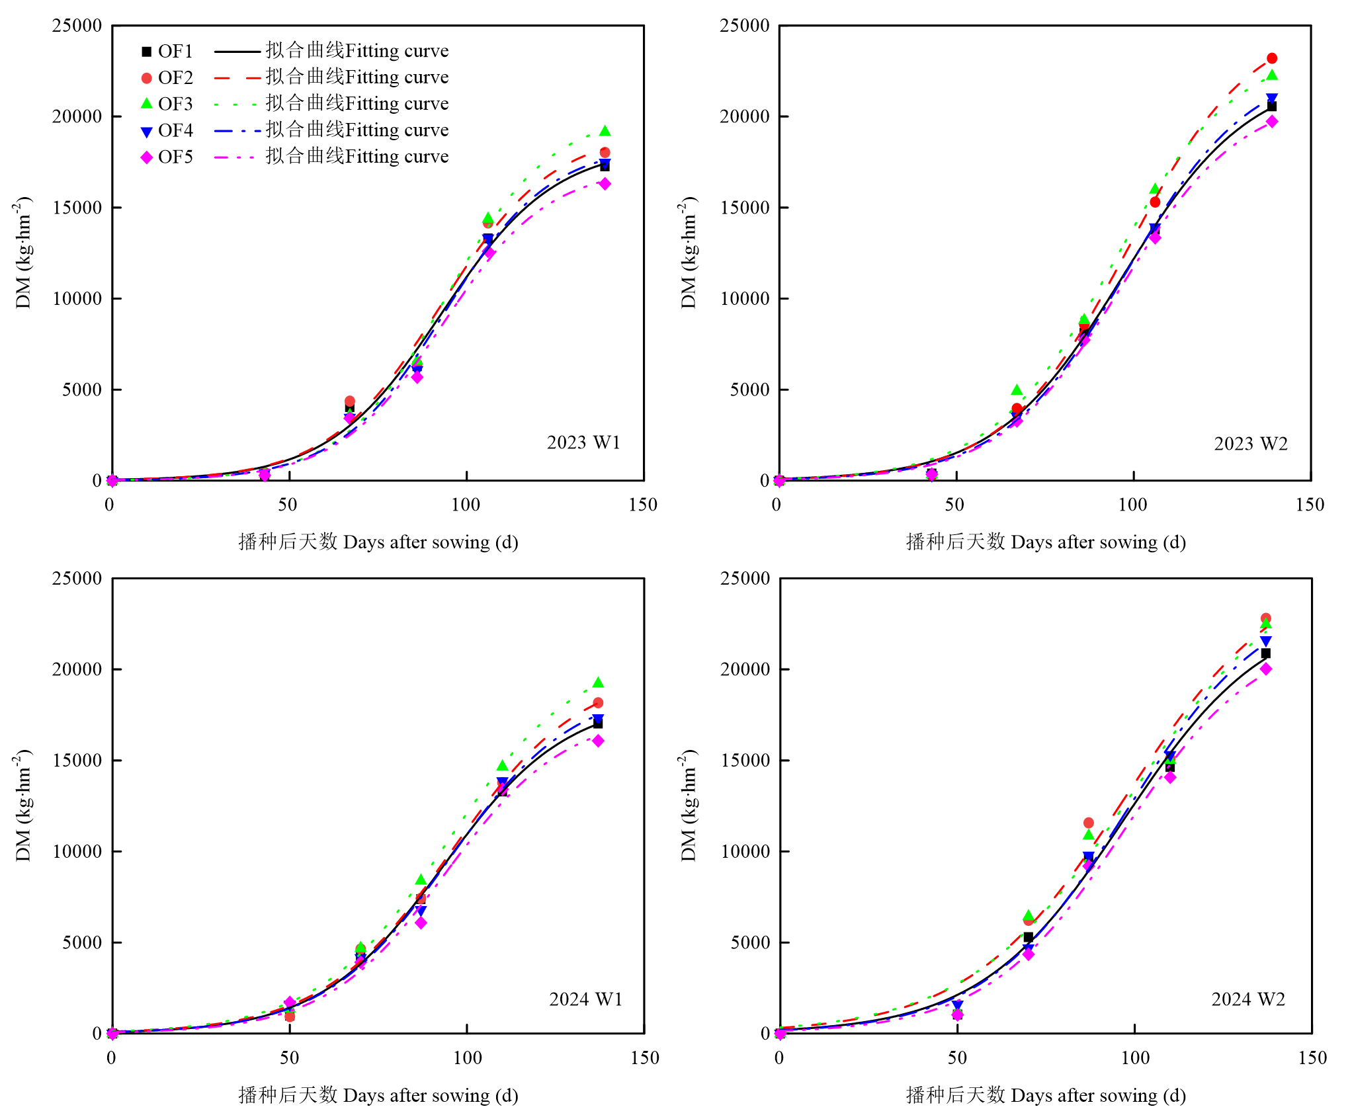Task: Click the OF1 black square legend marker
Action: (147, 51)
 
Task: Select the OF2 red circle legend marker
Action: (147, 78)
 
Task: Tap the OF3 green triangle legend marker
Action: (147, 104)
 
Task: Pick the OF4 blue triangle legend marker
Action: (147, 132)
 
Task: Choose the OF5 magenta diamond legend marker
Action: (147, 157)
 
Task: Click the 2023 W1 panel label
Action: (583, 442)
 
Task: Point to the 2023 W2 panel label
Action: (1250, 444)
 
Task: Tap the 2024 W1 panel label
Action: (585, 999)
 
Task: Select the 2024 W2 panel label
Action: (1247, 999)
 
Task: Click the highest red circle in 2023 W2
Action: (1271, 58)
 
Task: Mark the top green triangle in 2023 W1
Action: (605, 132)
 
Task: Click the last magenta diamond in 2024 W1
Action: (598, 741)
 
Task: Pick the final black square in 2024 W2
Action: (1265, 653)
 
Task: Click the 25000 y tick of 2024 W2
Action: (745, 579)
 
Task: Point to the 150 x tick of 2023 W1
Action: (643, 505)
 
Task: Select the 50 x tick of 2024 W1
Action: (289, 1058)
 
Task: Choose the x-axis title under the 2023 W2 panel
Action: (1045, 542)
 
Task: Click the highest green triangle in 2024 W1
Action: (598, 683)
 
